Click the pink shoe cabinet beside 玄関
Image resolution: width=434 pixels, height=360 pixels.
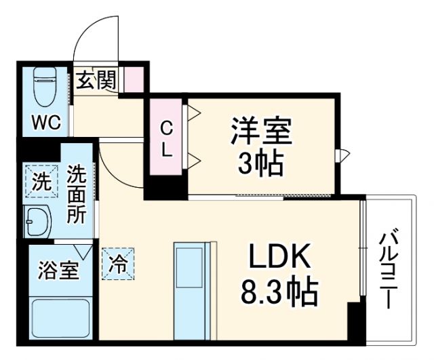(x=135, y=81)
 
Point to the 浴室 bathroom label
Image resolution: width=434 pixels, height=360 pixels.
(x=58, y=271)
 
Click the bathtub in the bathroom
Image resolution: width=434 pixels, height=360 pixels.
(x=60, y=318)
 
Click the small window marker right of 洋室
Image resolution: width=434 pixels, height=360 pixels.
(x=344, y=155)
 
